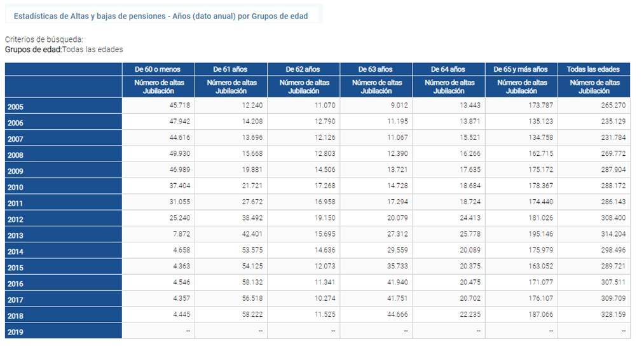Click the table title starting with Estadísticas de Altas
(161, 16)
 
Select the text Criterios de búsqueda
(44, 39)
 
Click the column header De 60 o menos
(158, 69)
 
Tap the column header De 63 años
(376, 69)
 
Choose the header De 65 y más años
(521, 69)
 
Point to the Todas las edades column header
(594, 69)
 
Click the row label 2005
(16, 107)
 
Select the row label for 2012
(16, 219)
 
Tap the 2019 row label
(16, 332)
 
